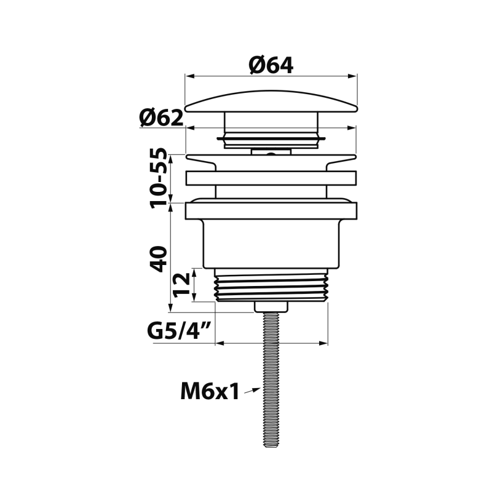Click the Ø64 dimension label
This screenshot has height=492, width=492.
click(x=271, y=65)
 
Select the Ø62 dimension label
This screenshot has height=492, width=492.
click(x=161, y=118)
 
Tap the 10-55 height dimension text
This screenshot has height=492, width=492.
click(x=159, y=178)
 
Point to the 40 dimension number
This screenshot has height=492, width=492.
click(x=159, y=259)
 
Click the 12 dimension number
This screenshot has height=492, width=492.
click(x=181, y=285)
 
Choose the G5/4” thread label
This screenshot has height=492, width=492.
click(x=178, y=331)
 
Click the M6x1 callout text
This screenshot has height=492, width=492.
click(x=210, y=391)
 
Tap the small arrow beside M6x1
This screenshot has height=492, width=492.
click(x=252, y=391)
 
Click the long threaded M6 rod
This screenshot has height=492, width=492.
click(x=271, y=379)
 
